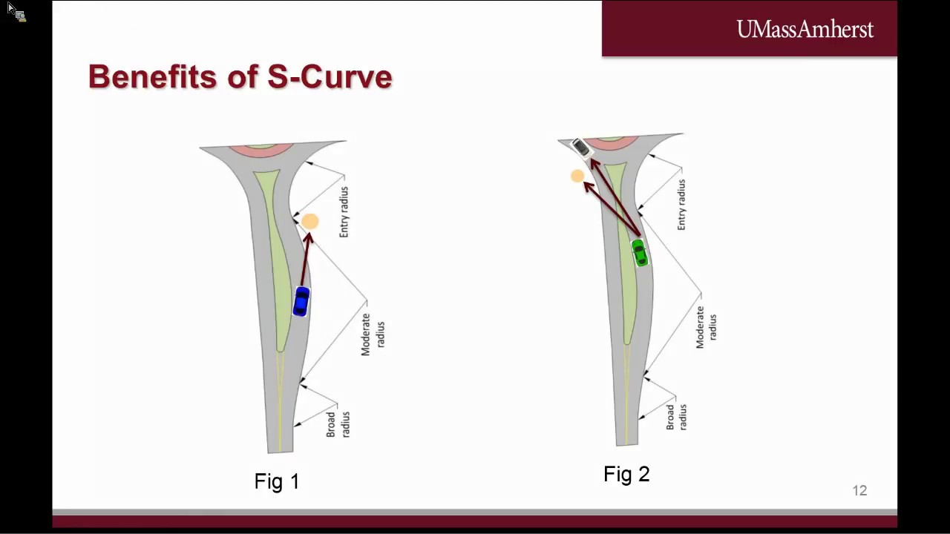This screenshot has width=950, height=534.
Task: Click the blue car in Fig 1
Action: tap(301, 302)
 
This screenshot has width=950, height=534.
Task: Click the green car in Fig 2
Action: tap(639, 253)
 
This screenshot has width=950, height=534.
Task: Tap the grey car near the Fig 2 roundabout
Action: tap(580, 148)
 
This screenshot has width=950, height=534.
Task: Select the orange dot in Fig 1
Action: tap(310, 221)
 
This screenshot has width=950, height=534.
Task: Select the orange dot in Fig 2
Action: tap(577, 176)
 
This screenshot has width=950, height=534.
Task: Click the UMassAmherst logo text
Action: tap(805, 30)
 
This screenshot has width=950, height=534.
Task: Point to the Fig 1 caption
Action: tap(277, 481)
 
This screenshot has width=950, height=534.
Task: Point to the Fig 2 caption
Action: tap(626, 474)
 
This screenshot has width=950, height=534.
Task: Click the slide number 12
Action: tap(859, 490)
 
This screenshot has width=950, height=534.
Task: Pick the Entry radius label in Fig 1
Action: tap(344, 212)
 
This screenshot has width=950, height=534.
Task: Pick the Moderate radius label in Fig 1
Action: tap(373, 334)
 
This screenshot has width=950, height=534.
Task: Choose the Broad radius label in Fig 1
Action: tap(338, 424)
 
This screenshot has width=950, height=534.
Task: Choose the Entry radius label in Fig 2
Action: tap(681, 205)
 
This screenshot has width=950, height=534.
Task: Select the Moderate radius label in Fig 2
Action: tap(706, 327)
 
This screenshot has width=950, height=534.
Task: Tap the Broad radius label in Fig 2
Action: tap(676, 417)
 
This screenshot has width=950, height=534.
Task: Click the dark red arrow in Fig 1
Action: tap(305, 260)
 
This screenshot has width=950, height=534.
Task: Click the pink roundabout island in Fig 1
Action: tap(261, 151)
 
